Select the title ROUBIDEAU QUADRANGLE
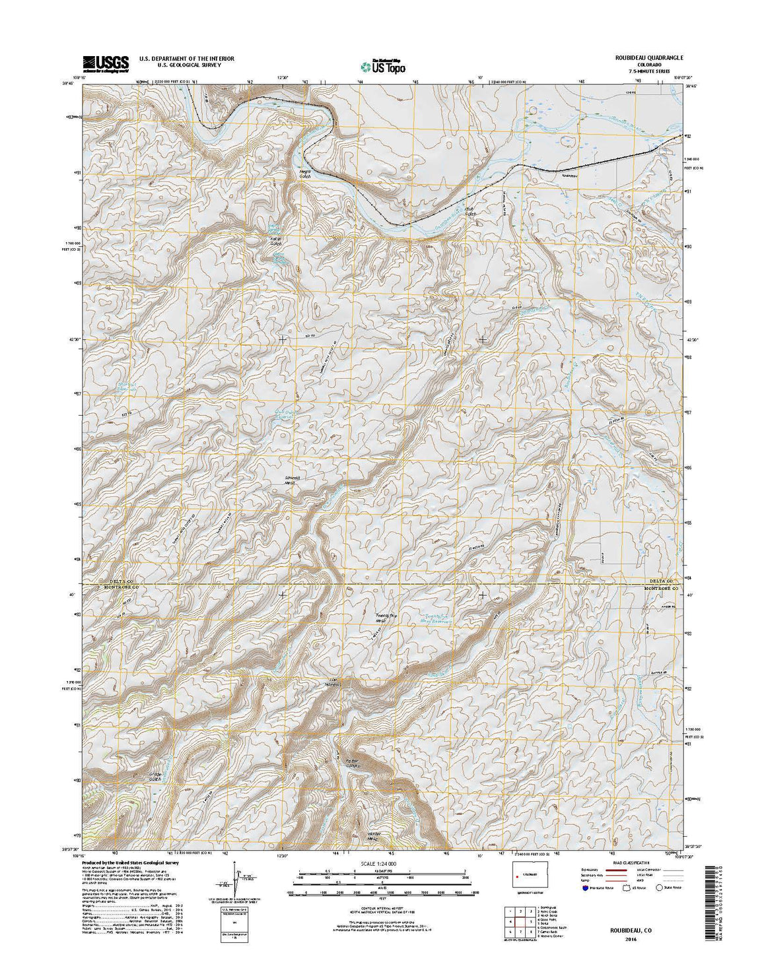[x=646, y=58]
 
